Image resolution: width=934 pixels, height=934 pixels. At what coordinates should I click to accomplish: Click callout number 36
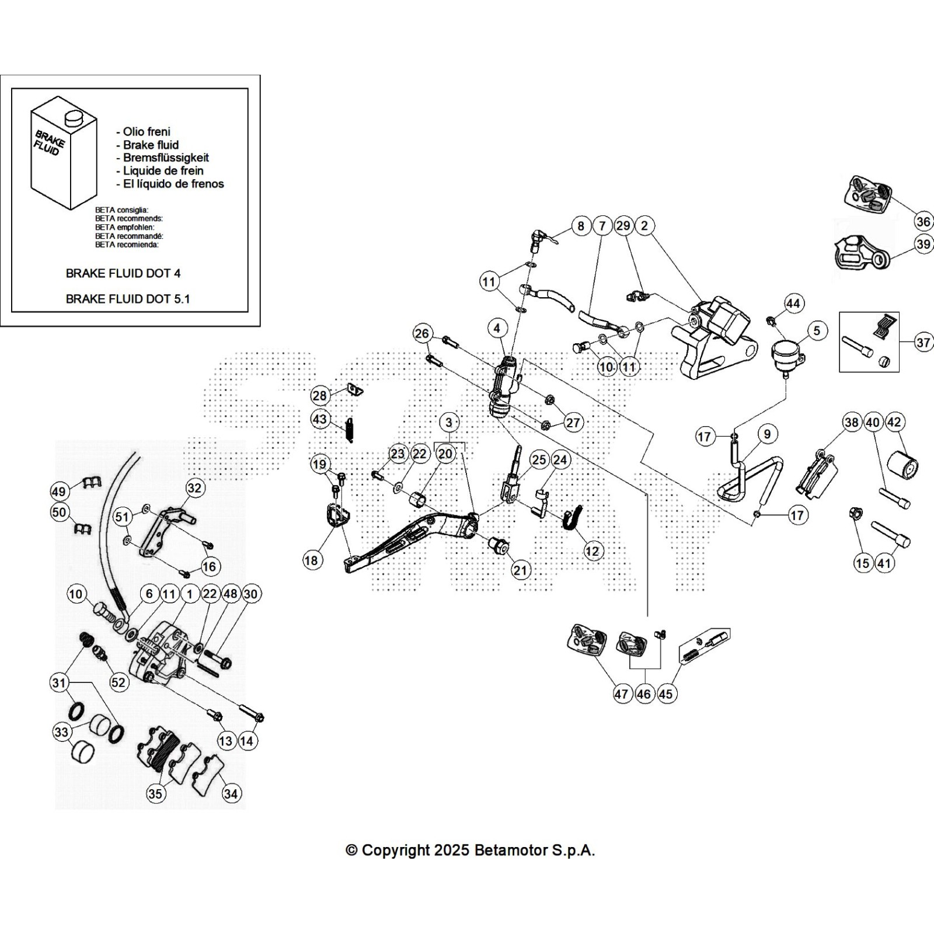[x=923, y=221]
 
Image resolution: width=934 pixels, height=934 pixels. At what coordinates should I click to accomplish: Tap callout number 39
[x=923, y=244]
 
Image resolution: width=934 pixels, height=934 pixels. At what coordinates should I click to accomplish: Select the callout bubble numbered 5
[x=816, y=331]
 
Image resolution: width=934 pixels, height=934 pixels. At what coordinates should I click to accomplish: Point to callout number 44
[x=793, y=303]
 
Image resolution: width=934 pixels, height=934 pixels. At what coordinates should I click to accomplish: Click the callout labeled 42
[x=894, y=422]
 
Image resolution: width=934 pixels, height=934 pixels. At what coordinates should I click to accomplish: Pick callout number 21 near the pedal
[x=520, y=570]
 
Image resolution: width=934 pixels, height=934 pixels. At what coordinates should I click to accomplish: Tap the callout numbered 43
[x=320, y=419]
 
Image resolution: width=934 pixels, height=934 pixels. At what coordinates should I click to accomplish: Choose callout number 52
[x=119, y=682]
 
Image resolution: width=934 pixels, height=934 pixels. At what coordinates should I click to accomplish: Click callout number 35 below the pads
[x=155, y=794]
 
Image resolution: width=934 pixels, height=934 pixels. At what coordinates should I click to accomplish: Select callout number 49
[x=59, y=492]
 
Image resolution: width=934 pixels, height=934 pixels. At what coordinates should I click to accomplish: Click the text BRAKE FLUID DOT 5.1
[x=128, y=299]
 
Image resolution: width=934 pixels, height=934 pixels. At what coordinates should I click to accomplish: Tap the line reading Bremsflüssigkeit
[x=166, y=158]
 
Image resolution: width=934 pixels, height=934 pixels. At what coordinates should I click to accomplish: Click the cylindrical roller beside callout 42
[x=902, y=466]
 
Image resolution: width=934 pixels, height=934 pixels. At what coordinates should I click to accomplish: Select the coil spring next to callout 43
[x=350, y=430]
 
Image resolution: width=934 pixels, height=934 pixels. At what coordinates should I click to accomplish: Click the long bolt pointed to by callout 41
[x=890, y=533]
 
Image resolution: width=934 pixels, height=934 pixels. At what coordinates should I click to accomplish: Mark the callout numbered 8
[x=581, y=226]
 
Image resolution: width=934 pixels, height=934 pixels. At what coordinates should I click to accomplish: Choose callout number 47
[x=621, y=693]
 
